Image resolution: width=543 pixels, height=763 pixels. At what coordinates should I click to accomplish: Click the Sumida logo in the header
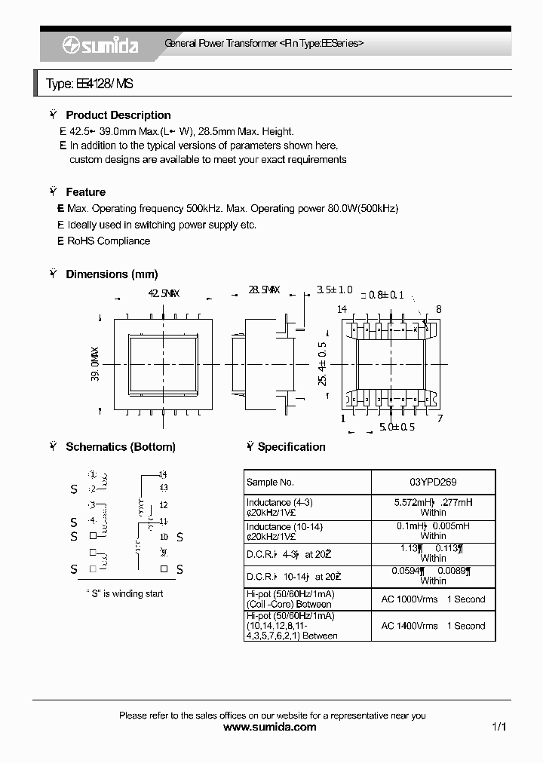[100, 45]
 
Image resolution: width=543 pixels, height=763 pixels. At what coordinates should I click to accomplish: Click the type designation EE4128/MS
[89, 84]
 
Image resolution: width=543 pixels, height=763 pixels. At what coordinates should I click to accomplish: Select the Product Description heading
[118, 115]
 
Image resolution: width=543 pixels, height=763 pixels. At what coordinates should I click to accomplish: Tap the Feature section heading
[85, 192]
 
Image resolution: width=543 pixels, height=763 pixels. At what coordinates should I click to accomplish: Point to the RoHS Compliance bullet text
[109, 241]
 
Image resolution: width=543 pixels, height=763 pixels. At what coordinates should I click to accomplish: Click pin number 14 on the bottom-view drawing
[342, 309]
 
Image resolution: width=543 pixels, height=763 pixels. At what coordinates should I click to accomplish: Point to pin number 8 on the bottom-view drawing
[438, 309]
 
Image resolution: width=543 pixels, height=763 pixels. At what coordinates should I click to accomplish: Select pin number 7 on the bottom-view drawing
[439, 418]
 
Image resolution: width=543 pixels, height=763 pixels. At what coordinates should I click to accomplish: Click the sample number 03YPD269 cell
[433, 483]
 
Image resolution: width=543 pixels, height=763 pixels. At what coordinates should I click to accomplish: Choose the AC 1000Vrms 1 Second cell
[433, 599]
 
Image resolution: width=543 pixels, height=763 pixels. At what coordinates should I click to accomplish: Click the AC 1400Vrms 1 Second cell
[433, 626]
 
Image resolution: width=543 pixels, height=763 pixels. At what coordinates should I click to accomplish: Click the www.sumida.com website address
[271, 728]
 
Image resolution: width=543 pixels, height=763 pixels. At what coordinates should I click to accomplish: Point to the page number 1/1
[499, 728]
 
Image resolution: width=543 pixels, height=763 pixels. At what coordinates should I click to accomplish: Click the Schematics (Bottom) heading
[120, 447]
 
